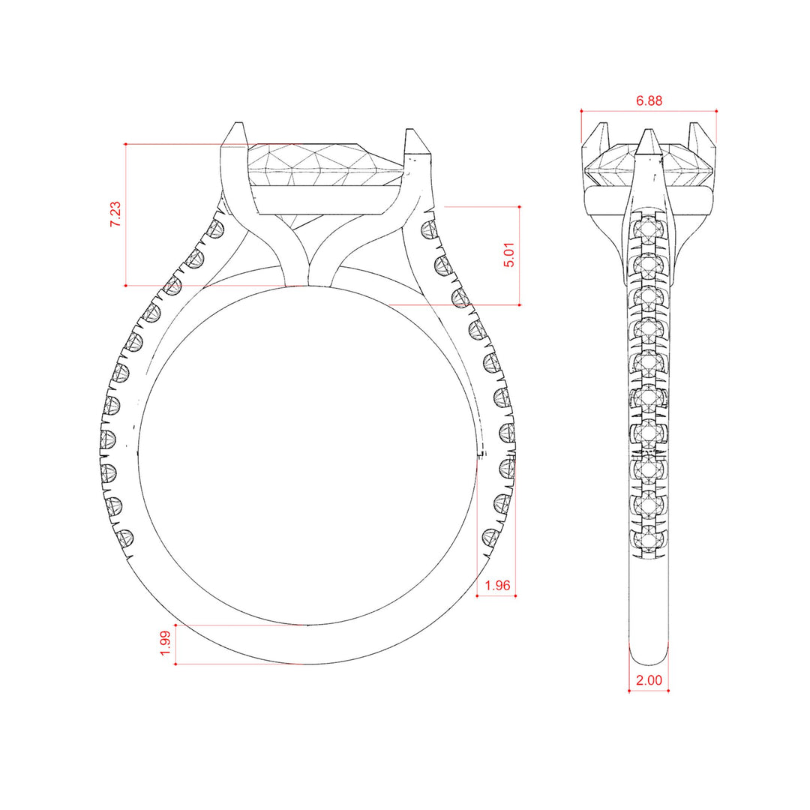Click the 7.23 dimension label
[115, 214]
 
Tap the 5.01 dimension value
[508, 255]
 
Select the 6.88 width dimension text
[649, 100]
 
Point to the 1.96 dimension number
[497, 585]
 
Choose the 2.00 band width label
[649, 680]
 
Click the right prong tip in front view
[410, 130]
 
